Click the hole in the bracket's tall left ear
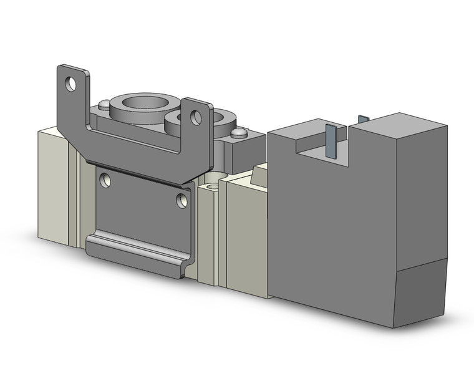pyautogui.click(x=71, y=83)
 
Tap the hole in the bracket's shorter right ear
pyautogui.click(x=196, y=117)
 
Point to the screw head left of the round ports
pyautogui.click(x=104, y=104)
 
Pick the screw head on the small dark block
pyautogui.click(x=238, y=133)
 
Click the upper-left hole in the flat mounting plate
pyautogui.click(x=105, y=181)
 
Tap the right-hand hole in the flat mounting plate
pyautogui.click(x=181, y=200)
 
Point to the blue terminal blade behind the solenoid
pyautogui.click(x=363, y=118)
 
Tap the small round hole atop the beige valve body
pyautogui.click(x=213, y=186)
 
